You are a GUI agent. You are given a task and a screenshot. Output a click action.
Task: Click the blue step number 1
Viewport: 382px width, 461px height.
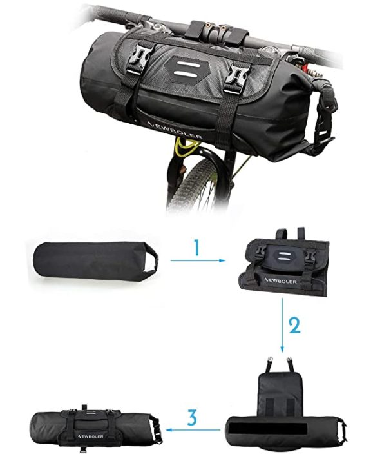197,247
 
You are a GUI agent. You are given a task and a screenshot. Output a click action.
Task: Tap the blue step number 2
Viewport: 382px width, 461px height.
294,325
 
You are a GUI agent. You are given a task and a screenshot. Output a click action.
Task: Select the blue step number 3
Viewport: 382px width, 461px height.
192,417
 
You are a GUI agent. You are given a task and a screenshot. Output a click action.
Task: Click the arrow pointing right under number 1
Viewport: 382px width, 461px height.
198,260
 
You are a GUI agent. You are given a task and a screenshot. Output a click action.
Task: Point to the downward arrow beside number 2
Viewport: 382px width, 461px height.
282,325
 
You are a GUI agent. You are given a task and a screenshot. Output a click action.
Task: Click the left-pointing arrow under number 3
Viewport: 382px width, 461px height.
193,430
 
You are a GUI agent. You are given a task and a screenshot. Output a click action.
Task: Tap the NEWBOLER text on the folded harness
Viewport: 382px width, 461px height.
280,280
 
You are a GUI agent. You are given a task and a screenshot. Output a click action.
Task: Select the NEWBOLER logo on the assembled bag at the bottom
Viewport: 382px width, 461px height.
90,436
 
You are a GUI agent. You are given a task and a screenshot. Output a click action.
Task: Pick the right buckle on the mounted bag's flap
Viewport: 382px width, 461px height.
239,78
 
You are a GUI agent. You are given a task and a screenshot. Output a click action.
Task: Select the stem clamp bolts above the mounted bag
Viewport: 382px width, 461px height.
215,28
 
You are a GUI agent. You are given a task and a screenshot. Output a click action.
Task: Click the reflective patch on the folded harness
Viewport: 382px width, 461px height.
283,257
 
